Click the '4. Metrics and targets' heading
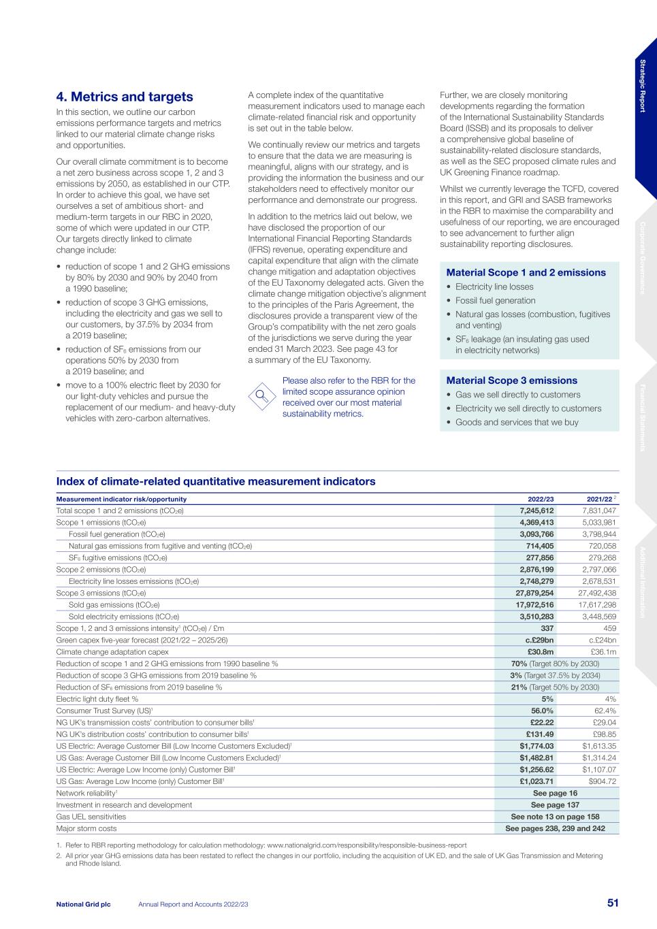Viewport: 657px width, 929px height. pyautogui.click(x=125, y=97)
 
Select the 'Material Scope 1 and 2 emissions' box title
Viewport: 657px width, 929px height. pyautogui.click(x=526, y=273)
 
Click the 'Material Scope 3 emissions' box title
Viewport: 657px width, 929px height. pyautogui.click(x=511, y=380)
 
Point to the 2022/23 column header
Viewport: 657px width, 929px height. pyautogui.click(x=541, y=499)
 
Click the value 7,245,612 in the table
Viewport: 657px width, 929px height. pyautogui.click(x=536, y=510)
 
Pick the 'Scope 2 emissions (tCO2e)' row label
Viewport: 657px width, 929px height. pyautogui.click(x=101, y=570)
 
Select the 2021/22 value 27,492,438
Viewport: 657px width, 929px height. pyautogui.click(x=596, y=593)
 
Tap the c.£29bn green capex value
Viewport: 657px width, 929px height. pyautogui.click(x=539, y=640)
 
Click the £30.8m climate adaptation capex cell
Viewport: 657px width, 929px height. pyautogui.click(x=541, y=652)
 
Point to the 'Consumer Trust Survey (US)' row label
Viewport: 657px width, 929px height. pyautogui.click(x=104, y=711)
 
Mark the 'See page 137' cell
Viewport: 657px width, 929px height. pyautogui.click(x=554, y=804)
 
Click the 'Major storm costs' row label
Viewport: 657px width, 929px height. pyautogui.click(x=86, y=828)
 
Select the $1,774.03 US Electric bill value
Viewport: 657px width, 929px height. pyautogui.click(x=536, y=746)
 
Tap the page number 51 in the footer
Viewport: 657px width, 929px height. pyautogui.click(x=613, y=903)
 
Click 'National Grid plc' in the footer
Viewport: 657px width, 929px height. pyautogui.click(x=83, y=904)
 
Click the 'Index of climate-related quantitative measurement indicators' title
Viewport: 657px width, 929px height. pyautogui.click(x=216, y=481)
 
